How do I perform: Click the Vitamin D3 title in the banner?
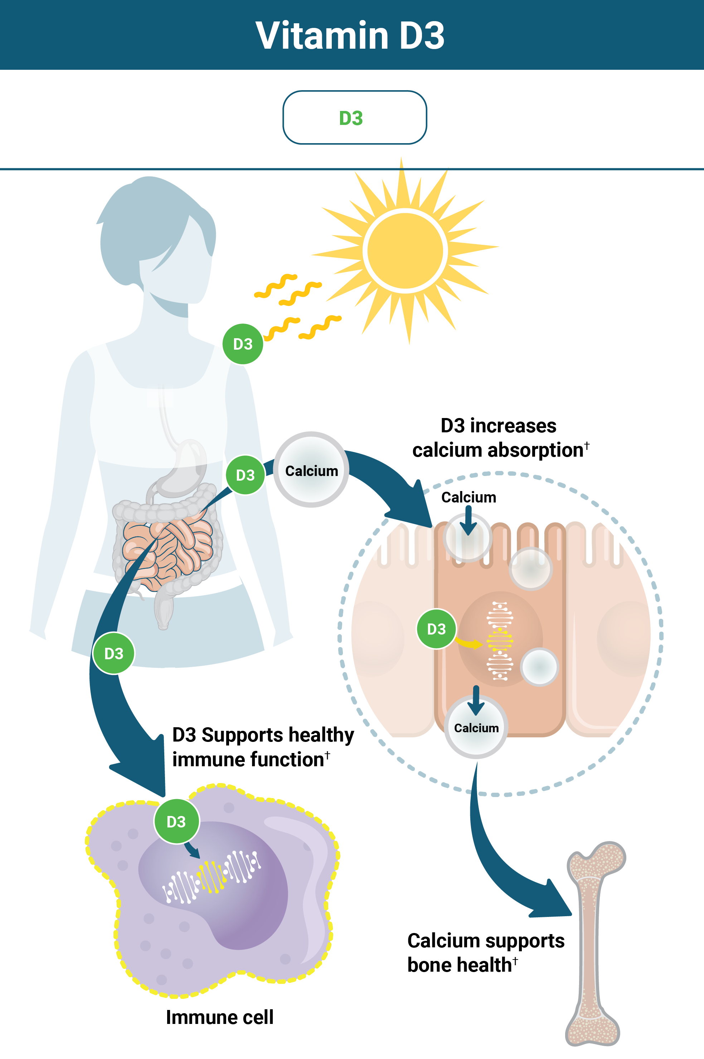coord(350,35)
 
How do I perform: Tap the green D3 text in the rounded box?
coord(351,118)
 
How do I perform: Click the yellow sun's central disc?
coord(405,251)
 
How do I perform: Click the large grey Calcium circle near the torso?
coord(311,470)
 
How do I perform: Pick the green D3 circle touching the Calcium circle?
coord(245,475)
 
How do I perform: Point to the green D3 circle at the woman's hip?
coord(113,653)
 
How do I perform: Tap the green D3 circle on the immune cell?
coord(176,821)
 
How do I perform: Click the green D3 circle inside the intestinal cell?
coord(436,629)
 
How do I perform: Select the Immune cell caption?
coord(219,1017)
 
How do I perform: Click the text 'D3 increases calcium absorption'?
coord(499,438)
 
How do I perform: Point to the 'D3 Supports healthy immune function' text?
coord(263,747)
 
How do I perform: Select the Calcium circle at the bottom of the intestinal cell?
coord(476,728)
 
